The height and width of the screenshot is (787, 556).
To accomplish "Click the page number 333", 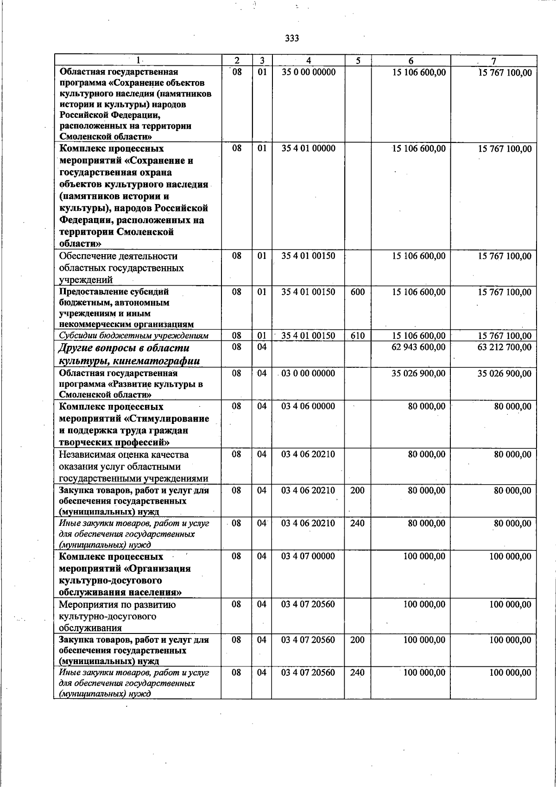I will point(292,38).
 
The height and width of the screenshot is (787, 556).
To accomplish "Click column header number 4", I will point(308,61).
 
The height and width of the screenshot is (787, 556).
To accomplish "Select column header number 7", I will point(494,61).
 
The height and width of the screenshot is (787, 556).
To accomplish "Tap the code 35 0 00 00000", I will point(308,72).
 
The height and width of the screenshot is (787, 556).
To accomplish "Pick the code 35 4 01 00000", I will point(308,148).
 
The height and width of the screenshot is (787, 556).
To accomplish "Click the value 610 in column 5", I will point(357,336).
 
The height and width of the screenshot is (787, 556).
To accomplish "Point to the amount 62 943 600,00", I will point(418,347).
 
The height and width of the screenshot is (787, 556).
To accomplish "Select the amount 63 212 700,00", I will point(505,347).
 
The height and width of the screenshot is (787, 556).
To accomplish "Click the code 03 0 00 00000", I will point(308,373).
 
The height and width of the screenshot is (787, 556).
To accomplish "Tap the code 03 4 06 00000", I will point(308,406).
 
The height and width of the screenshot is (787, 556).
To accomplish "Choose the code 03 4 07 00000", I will point(308,556).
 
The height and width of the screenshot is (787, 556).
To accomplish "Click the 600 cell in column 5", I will point(357,292).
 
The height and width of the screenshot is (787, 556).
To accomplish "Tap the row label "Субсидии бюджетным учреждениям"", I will point(133,336).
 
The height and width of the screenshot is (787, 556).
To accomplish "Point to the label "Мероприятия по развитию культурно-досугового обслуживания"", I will point(117,616).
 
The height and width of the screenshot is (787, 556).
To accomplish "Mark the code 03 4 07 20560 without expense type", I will point(308,604).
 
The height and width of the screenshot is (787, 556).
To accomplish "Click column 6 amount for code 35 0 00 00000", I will point(418,72).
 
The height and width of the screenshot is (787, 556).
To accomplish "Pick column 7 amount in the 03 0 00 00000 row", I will point(505,373).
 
